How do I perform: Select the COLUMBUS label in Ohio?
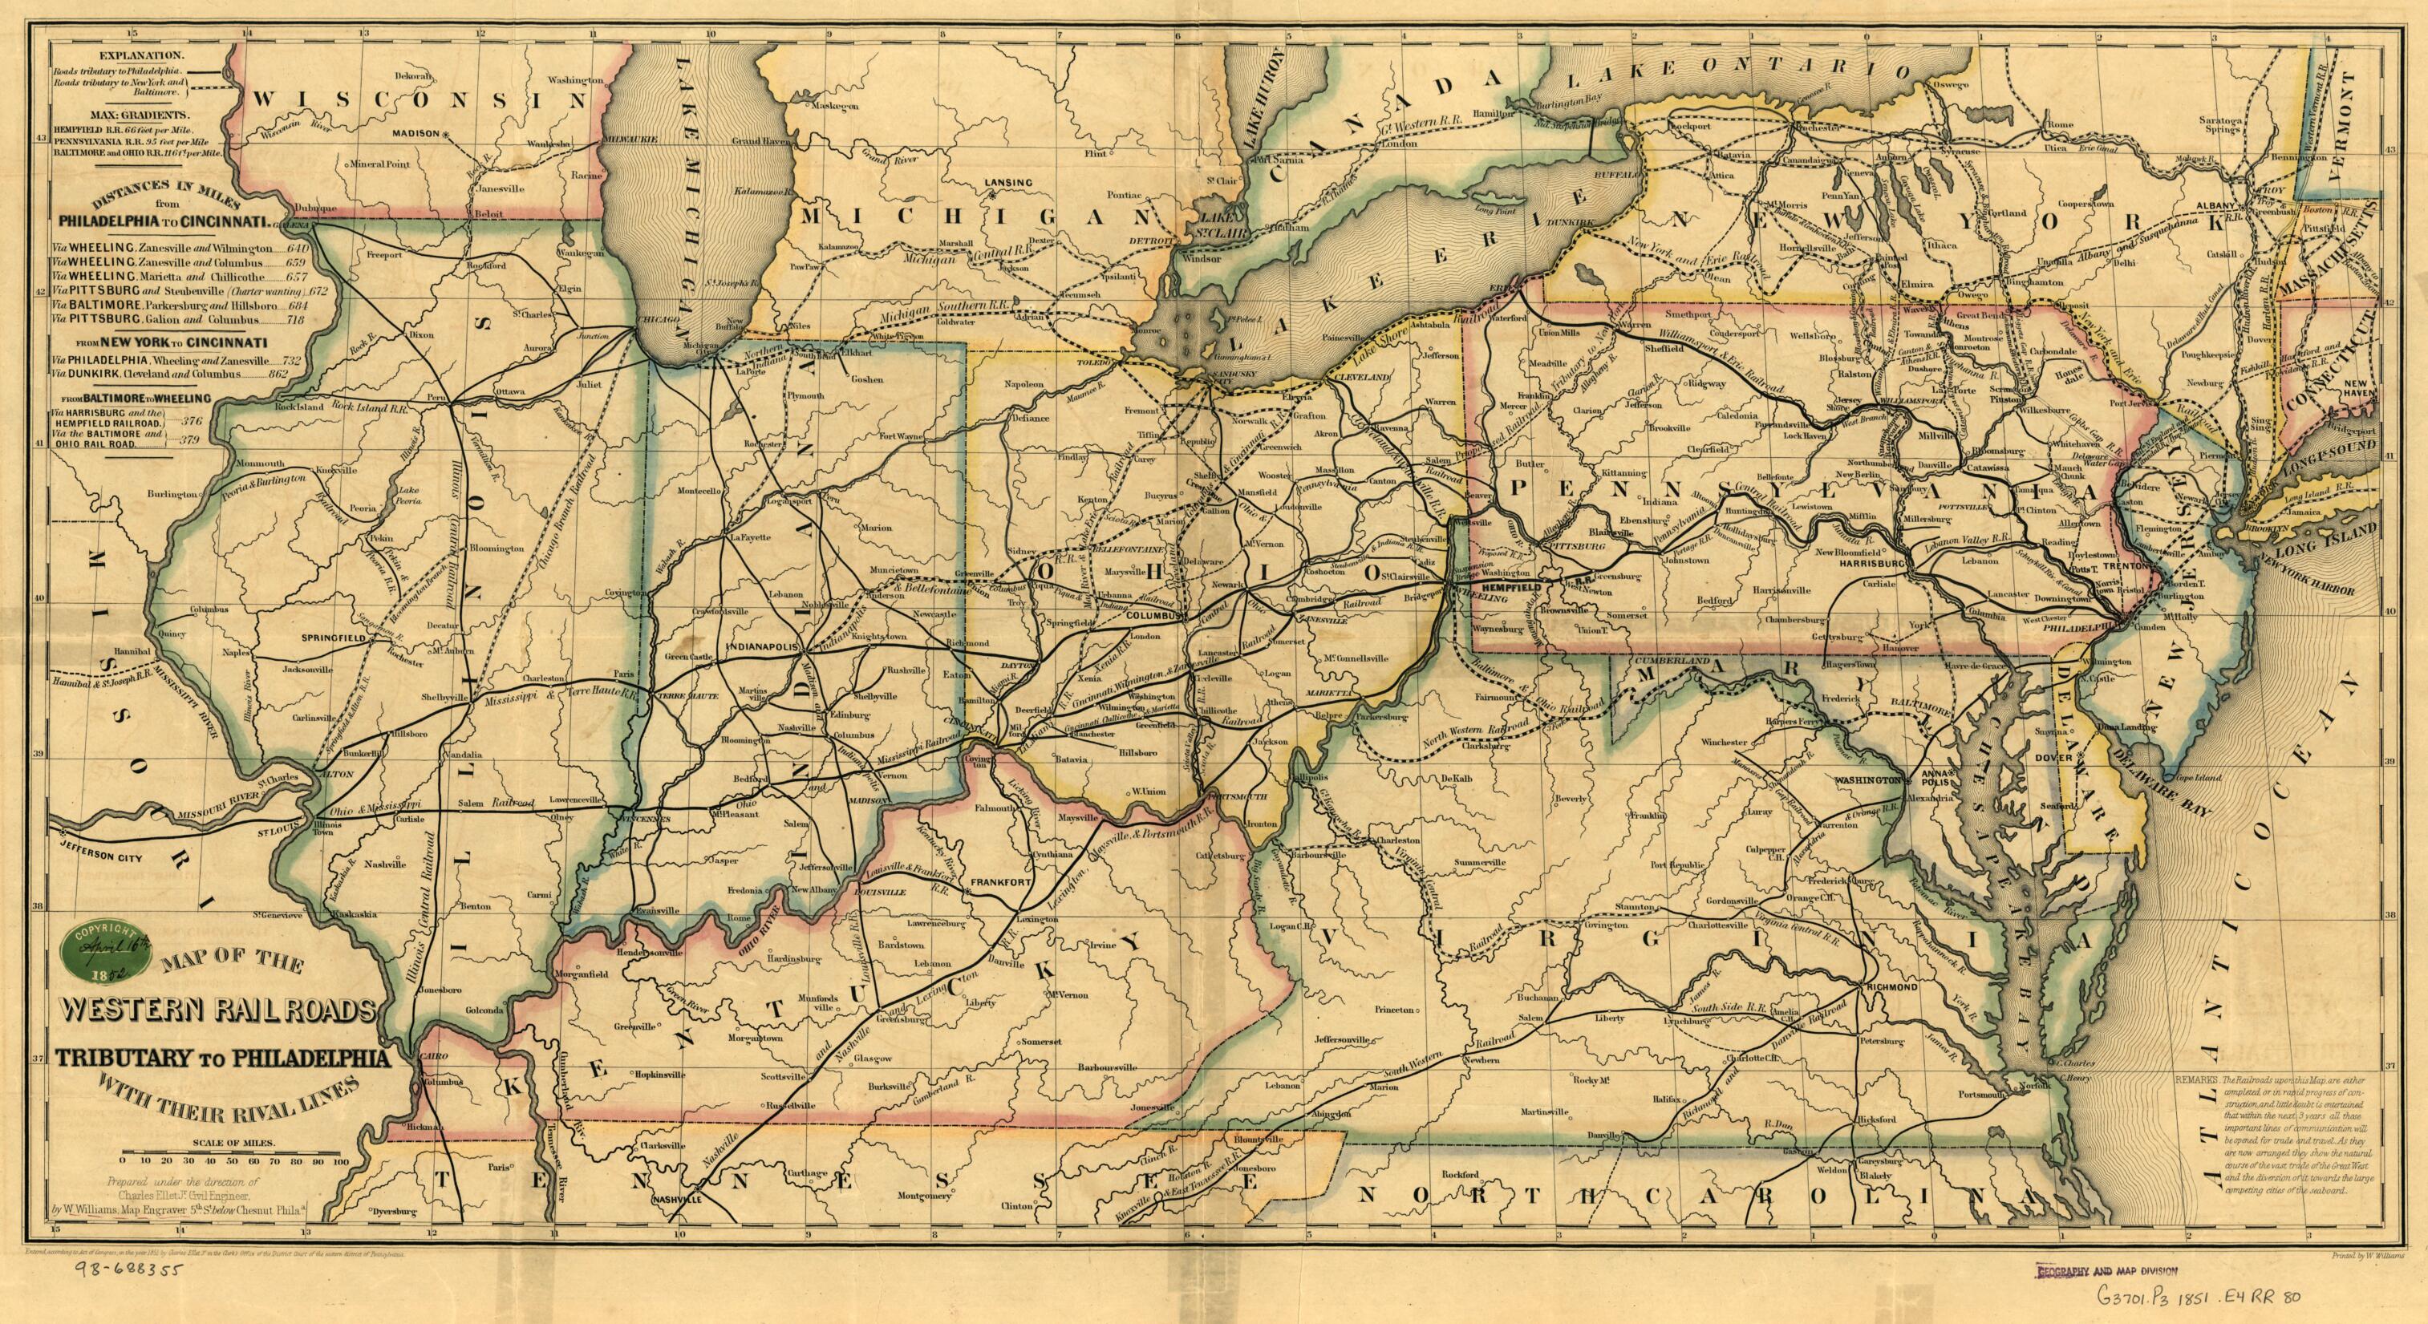tap(1153, 614)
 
